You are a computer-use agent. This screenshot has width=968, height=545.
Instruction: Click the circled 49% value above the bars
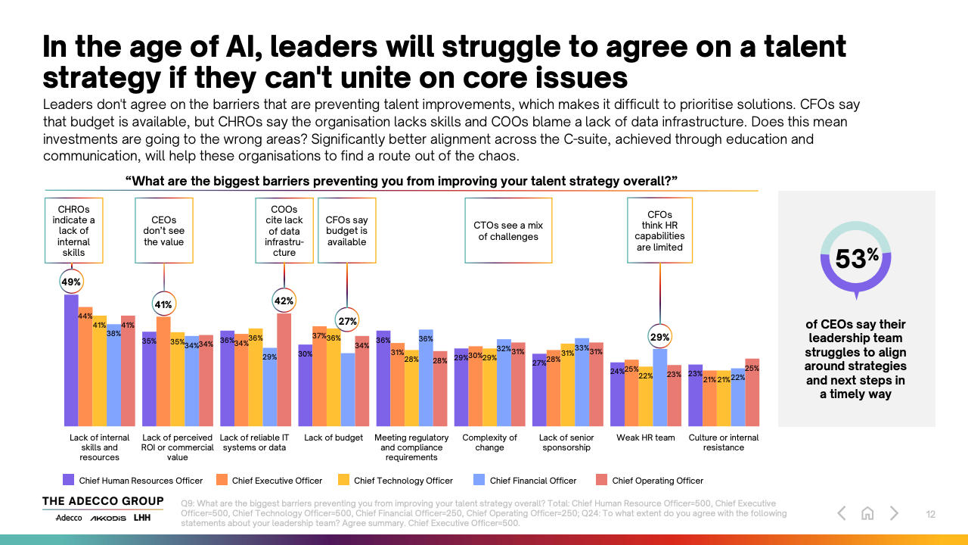[x=71, y=282]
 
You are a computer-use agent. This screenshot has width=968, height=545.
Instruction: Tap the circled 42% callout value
[x=284, y=301]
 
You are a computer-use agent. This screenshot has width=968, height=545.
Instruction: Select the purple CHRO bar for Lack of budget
[x=306, y=385]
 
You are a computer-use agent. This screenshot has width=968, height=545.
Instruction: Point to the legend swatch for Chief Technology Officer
[x=343, y=480]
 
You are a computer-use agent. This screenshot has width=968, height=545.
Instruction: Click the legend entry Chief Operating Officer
[x=657, y=480]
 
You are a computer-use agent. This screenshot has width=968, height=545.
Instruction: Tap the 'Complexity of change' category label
[x=489, y=442]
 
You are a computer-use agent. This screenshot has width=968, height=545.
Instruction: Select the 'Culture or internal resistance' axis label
[x=723, y=442]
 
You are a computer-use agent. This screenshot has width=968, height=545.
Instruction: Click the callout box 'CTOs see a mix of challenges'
[x=508, y=230]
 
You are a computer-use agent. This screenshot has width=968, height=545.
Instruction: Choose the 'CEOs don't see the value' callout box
[x=163, y=230]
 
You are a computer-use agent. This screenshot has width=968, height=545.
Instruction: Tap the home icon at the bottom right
[x=867, y=513]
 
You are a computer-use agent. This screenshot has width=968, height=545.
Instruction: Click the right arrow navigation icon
[x=894, y=513]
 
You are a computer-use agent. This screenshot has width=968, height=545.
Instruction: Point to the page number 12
[x=931, y=515]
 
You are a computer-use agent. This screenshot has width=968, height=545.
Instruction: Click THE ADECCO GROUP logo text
[x=103, y=501]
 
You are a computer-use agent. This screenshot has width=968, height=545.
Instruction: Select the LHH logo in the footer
[x=142, y=518]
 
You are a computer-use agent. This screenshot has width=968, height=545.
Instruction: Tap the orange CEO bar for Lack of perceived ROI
[x=163, y=370]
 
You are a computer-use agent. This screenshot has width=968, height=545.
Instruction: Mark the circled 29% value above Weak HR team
[x=660, y=338]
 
